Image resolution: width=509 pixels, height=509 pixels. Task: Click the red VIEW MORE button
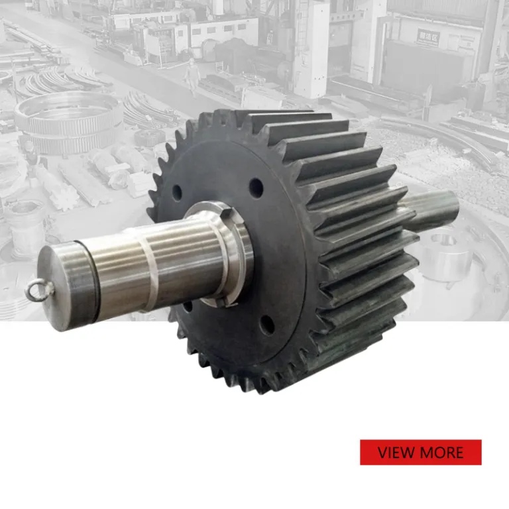[x=420, y=452]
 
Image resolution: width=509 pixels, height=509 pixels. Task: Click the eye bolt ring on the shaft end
[x=38, y=290]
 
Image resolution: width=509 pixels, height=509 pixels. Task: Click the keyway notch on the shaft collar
[x=233, y=215]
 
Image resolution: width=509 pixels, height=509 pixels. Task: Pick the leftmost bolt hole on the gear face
[x=176, y=193]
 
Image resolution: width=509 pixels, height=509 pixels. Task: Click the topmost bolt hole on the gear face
[x=256, y=188]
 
